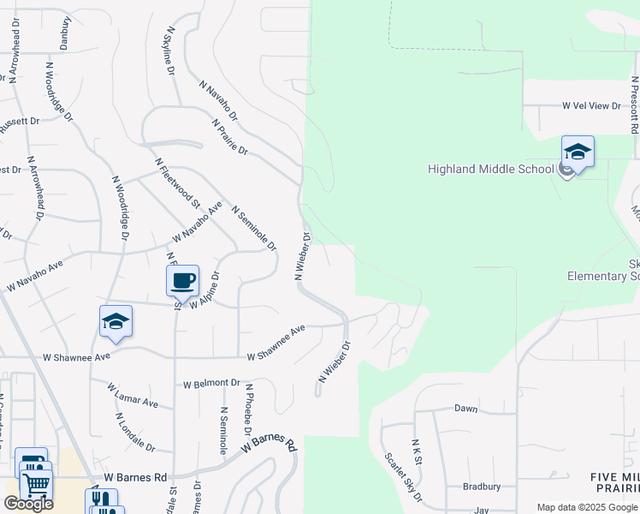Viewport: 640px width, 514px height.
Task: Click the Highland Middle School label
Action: (491, 169)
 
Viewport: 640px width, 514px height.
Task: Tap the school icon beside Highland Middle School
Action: (578, 152)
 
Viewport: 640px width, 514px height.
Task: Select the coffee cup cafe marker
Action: (182, 280)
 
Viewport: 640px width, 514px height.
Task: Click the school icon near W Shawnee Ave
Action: (116, 321)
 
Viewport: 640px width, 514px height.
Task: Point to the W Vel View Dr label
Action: (590, 105)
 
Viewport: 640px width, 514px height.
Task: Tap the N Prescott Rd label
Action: (634, 105)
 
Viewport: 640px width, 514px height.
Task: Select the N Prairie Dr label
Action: (229, 138)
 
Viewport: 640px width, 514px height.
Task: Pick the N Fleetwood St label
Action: (177, 182)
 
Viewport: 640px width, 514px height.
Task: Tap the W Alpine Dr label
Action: (205, 291)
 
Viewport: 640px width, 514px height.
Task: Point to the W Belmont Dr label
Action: (211, 383)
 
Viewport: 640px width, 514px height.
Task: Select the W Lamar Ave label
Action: (133, 396)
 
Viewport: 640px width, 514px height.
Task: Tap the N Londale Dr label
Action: (134, 433)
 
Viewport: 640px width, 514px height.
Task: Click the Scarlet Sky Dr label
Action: (403, 478)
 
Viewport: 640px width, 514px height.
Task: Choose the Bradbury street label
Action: (481, 486)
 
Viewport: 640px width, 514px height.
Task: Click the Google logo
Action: (28, 504)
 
